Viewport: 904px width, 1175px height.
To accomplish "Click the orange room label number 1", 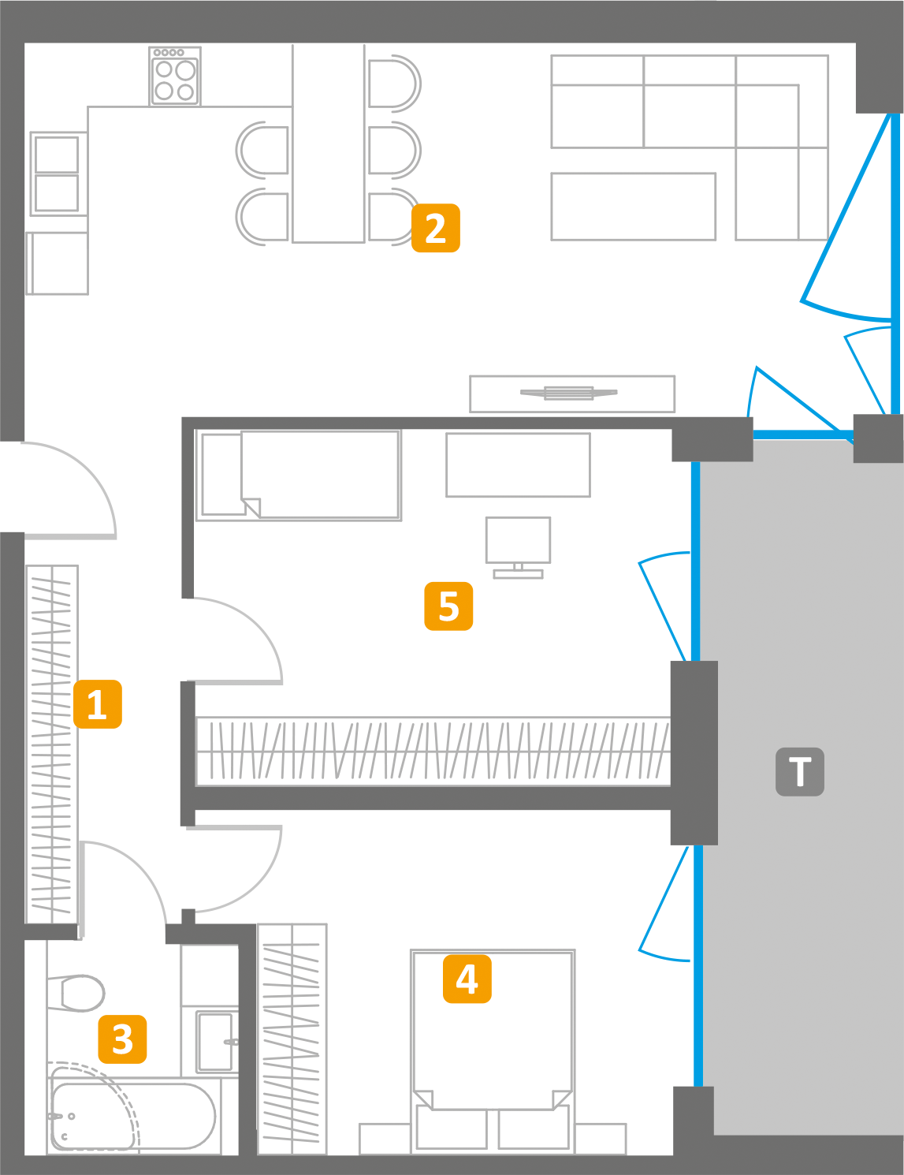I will coord(98,703).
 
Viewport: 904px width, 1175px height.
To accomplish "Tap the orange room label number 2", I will coord(435,228).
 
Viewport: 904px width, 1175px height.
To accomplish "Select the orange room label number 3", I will coord(122,1039).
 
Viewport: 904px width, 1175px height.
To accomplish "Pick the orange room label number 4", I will coord(467,979).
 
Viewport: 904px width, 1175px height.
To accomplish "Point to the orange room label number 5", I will coord(448,606).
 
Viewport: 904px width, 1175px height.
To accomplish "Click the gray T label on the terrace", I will coord(799,771).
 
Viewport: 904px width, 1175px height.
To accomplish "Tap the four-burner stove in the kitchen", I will coord(175,77).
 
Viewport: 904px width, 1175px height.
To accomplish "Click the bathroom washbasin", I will coord(214,1042).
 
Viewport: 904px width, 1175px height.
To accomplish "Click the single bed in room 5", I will coord(299,475).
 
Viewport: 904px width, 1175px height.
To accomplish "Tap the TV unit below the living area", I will coord(572,394).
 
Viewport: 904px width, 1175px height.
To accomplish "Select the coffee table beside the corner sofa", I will coord(633,207).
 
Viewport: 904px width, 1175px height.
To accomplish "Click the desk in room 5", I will coord(518,464).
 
